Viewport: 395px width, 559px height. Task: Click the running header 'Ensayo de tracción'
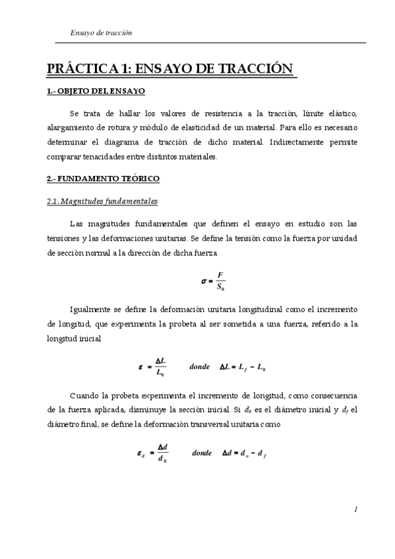tap(101, 32)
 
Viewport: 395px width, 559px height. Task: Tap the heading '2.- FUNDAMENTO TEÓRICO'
tap(103, 179)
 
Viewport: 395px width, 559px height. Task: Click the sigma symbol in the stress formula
tap(204, 281)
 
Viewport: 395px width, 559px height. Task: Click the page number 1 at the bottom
tap(355, 509)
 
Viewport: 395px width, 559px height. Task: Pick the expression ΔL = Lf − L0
tap(243, 367)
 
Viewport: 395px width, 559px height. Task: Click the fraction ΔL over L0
tap(160, 367)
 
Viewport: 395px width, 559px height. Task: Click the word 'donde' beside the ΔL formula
tap(198, 367)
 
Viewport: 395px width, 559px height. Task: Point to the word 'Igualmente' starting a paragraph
tap(88, 309)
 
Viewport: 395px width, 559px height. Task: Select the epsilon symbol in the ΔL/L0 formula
tap(140, 367)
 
